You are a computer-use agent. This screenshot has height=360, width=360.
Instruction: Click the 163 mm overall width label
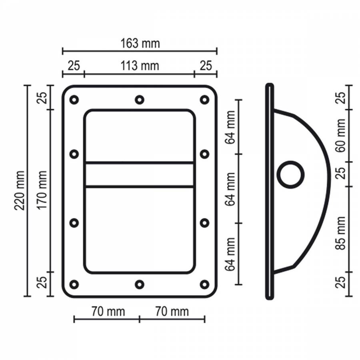140,43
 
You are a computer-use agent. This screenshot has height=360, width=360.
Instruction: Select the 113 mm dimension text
140,65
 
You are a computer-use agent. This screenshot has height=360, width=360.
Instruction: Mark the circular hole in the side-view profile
291,174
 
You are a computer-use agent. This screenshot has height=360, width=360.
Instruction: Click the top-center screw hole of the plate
139,100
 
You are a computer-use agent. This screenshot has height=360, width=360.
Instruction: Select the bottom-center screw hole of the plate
139,284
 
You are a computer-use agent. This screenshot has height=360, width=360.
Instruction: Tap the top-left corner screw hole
74,100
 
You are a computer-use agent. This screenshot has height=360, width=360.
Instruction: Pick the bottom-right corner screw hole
204,284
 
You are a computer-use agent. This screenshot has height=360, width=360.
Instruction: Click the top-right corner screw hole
204,100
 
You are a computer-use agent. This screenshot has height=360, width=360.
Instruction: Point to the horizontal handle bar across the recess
140,174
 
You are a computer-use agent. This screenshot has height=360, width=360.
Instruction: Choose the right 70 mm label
172,311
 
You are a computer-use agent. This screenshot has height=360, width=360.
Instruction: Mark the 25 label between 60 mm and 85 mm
340,174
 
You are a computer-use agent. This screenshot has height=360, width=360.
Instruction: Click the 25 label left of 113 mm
73,65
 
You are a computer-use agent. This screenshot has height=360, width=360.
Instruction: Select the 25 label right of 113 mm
206,65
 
